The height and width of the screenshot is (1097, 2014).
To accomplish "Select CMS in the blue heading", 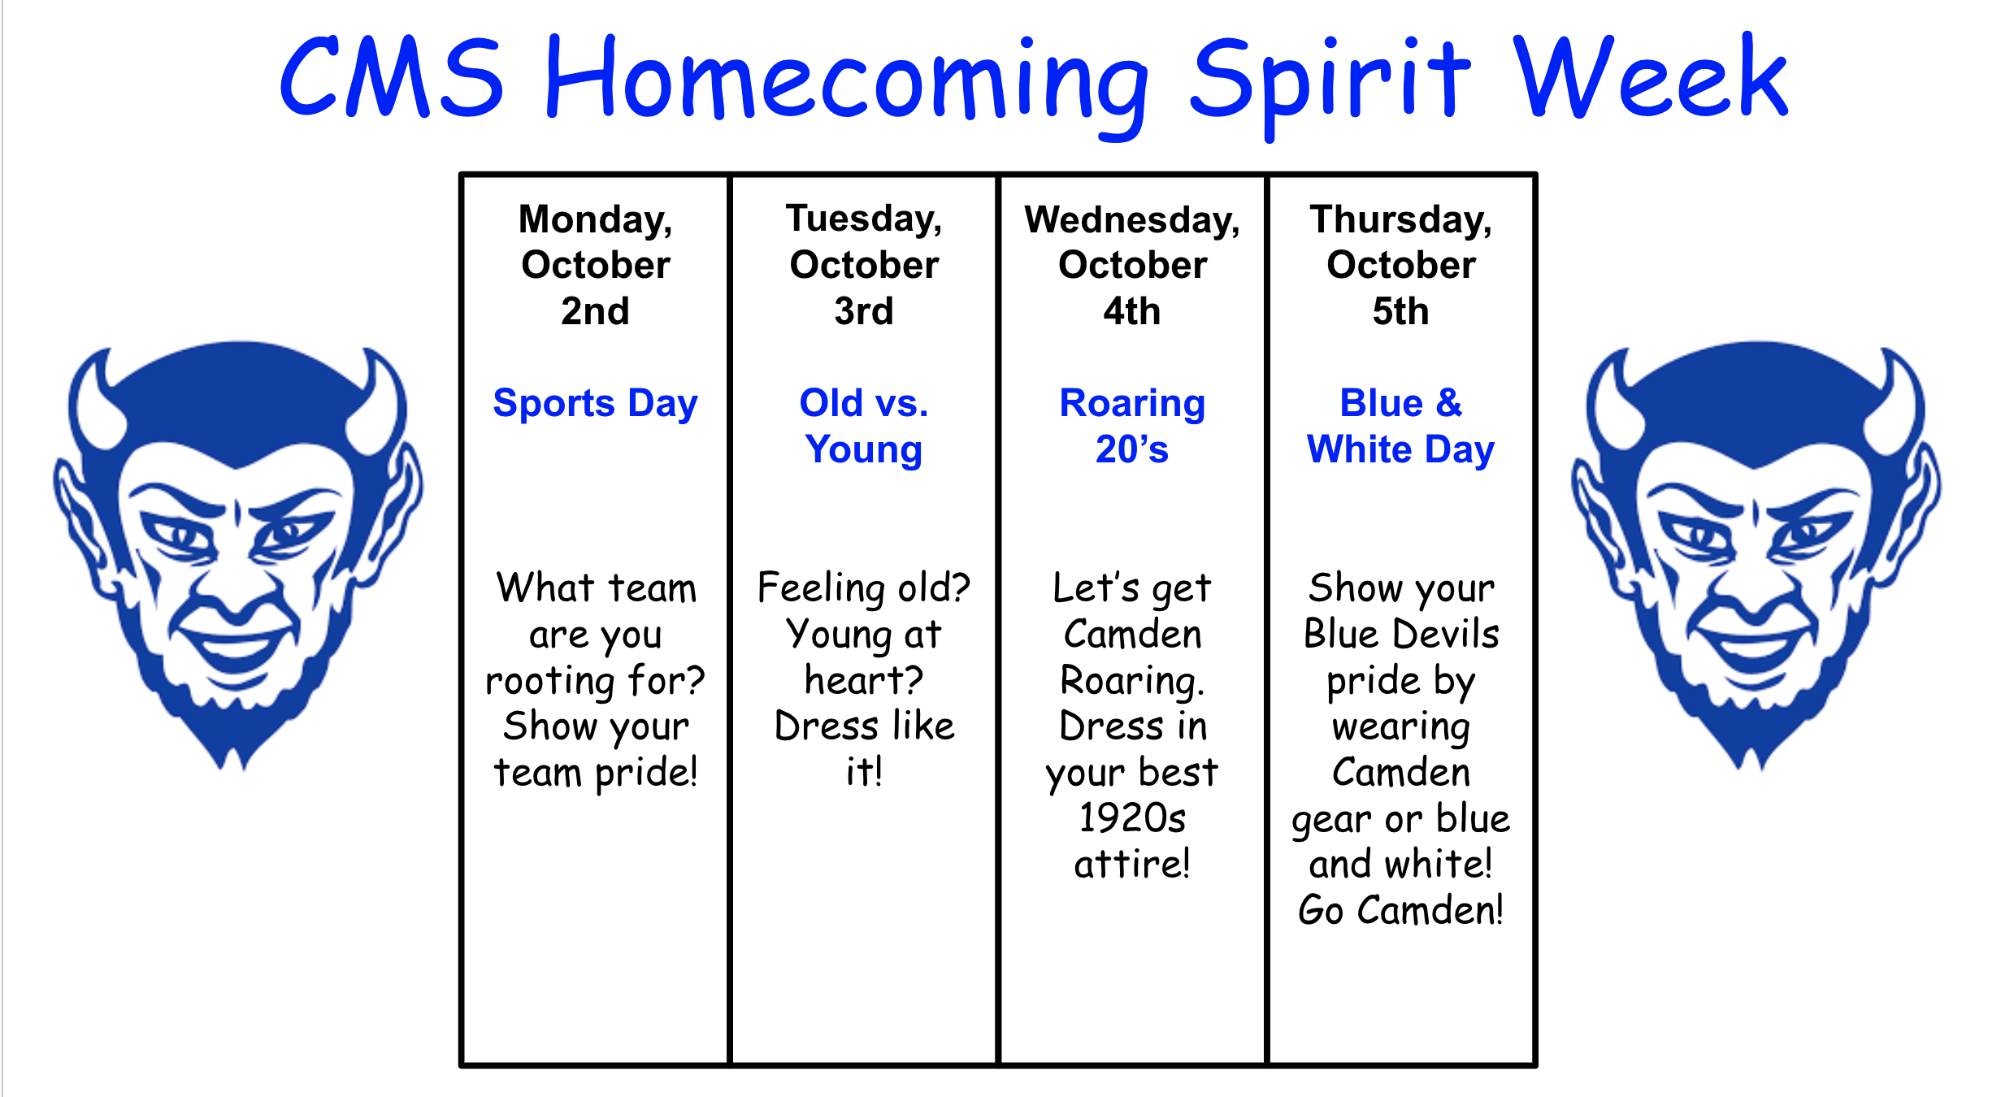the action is (x=392, y=76).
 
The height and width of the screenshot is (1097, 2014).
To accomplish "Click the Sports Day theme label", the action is (x=596, y=403).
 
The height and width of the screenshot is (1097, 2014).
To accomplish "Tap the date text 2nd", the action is (x=596, y=311).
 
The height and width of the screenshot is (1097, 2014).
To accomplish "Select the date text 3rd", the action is (x=864, y=311).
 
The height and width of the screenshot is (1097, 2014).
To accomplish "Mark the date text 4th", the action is (x=1132, y=311).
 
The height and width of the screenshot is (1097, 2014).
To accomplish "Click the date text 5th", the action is (x=1401, y=311).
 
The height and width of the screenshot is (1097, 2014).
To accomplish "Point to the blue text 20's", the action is (x=1132, y=449).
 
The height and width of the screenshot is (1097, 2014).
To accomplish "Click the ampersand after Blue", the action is (x=1449, y=403).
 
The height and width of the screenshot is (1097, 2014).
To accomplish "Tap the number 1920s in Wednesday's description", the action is (x=1132, y=817).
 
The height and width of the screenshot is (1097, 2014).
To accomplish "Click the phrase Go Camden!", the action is (x=1401, y=910).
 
